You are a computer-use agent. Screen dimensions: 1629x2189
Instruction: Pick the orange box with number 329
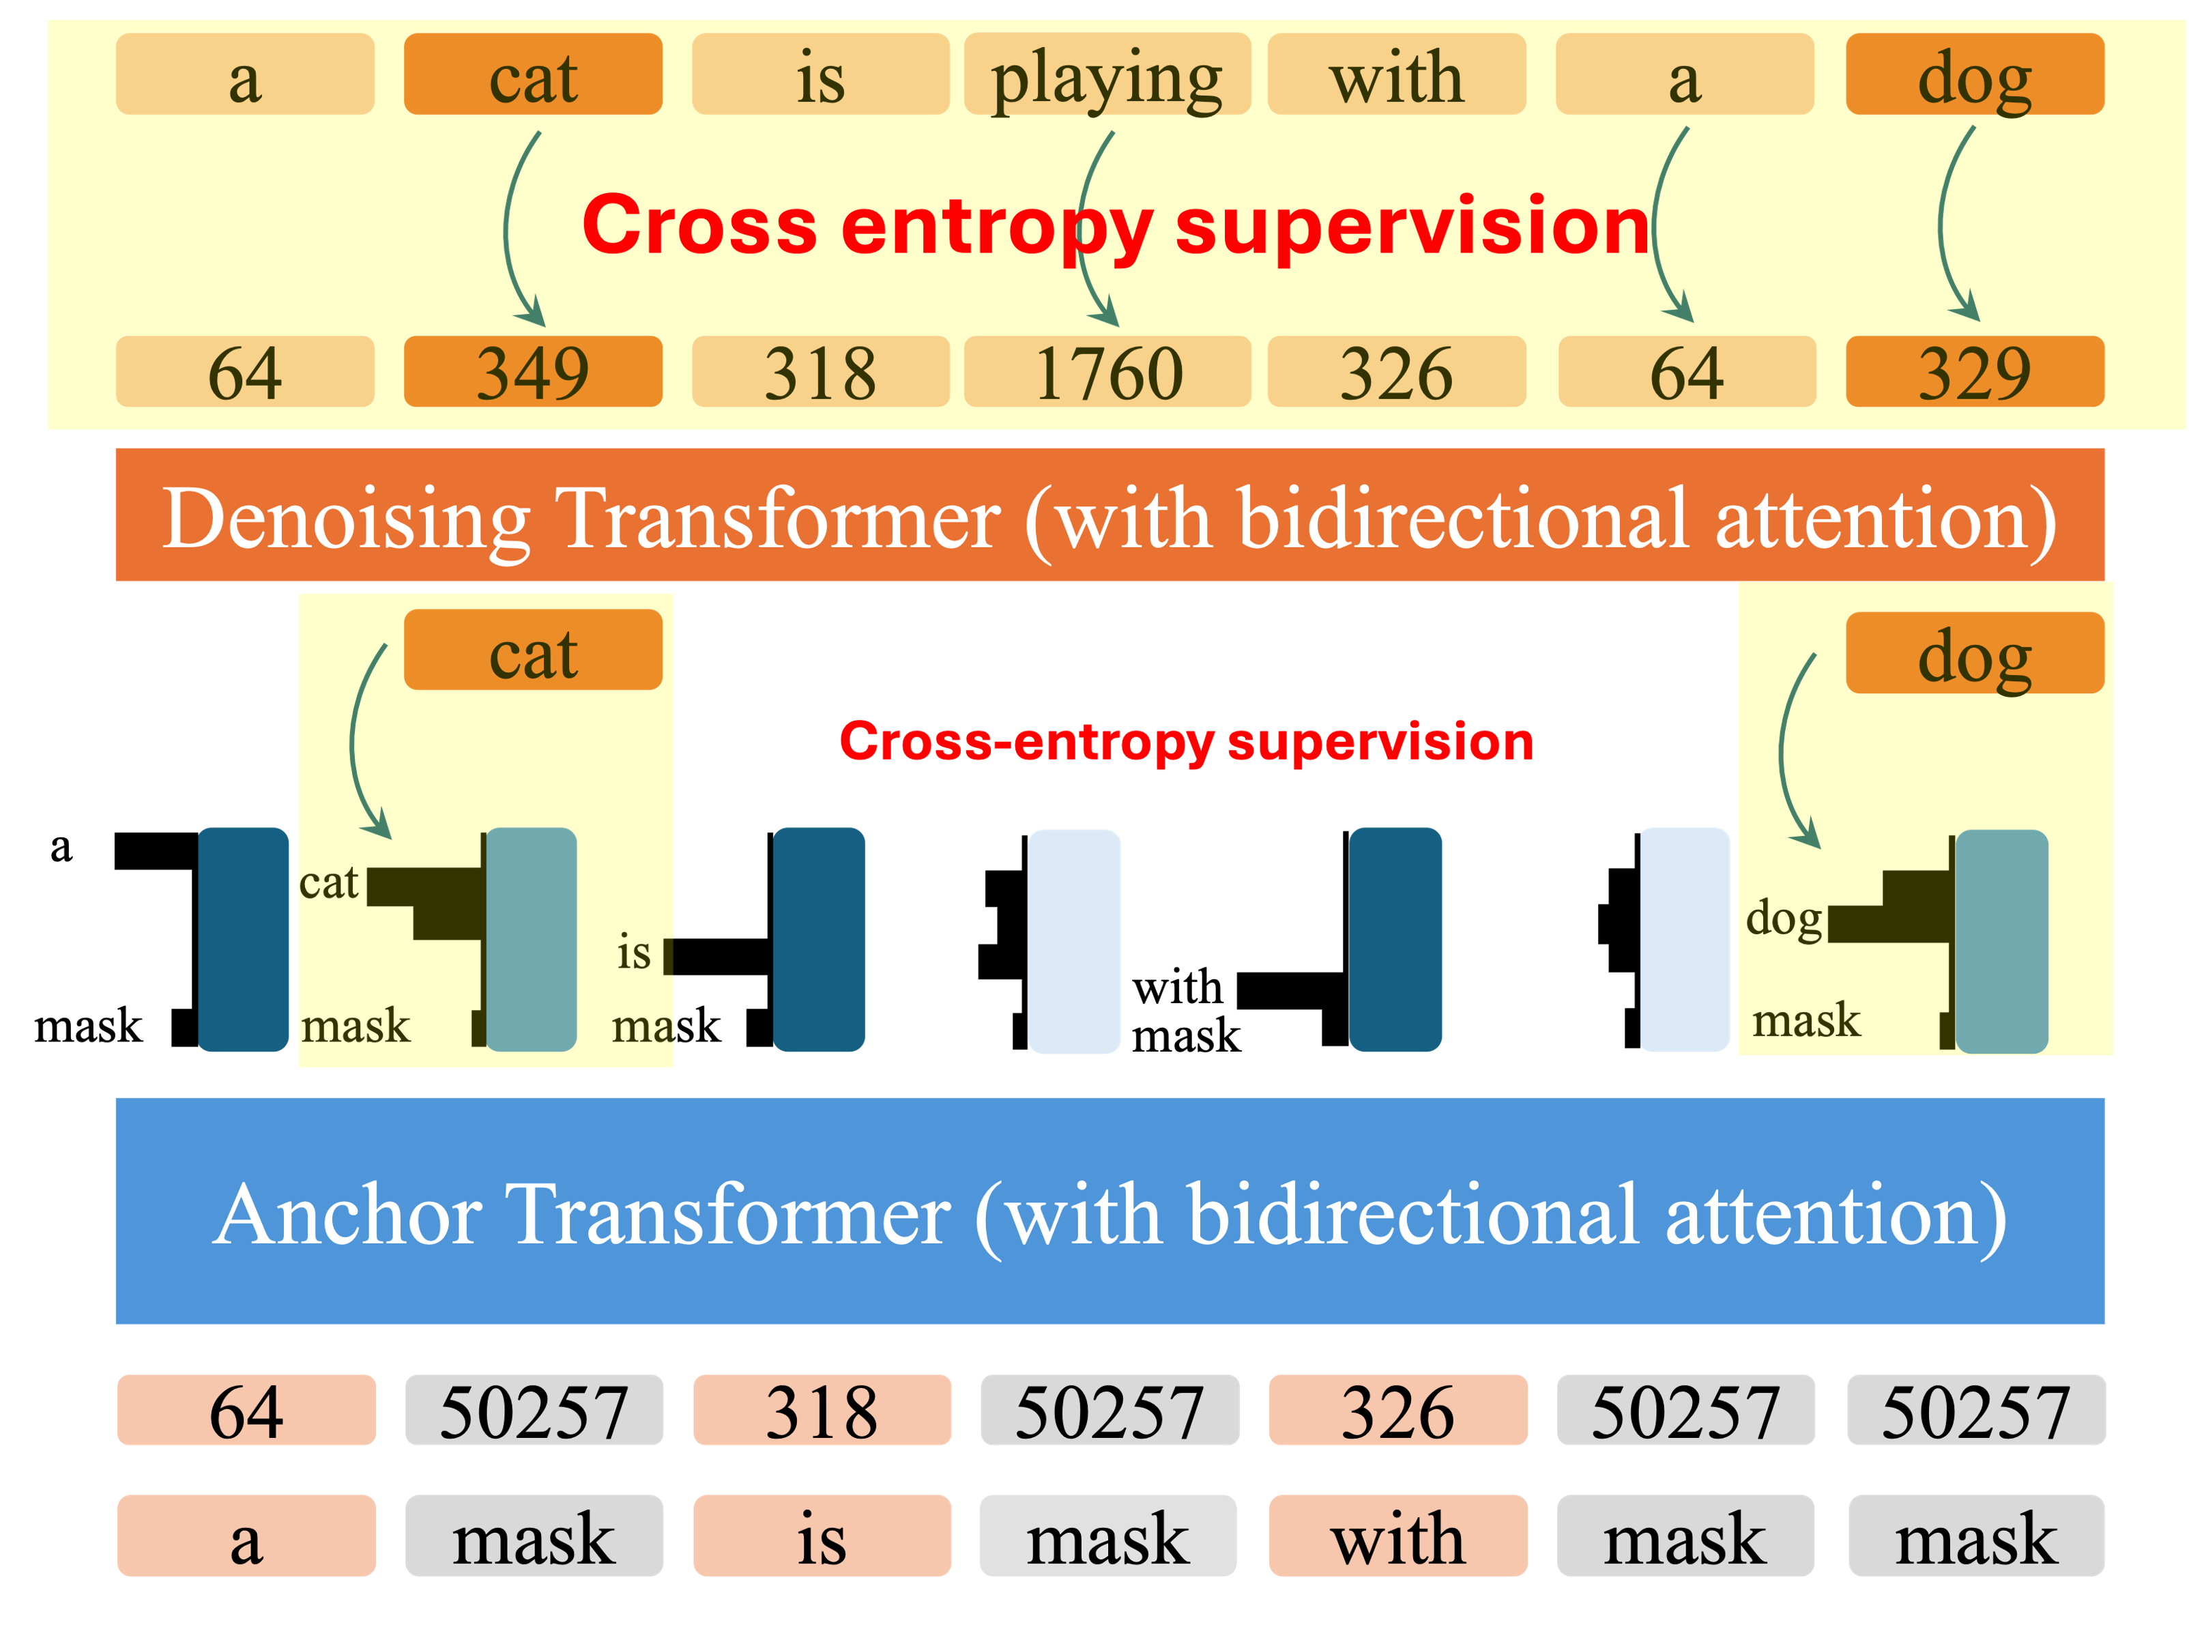click(1974, 372)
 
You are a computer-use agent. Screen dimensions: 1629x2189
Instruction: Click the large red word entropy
click(996, 227)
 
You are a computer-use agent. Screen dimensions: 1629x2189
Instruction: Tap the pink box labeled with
click(1397, 1536)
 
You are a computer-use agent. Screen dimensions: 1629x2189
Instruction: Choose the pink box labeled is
click(822, 1536)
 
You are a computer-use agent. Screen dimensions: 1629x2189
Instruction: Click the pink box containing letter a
click(246, 1536)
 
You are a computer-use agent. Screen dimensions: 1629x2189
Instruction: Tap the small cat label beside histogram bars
click(328, 882)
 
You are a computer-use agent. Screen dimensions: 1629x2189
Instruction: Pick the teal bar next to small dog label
click(2001, 940)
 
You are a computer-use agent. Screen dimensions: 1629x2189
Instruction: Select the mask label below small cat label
click(355, 1026)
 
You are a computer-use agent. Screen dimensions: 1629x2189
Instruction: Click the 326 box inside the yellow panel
click(1396, 372)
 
